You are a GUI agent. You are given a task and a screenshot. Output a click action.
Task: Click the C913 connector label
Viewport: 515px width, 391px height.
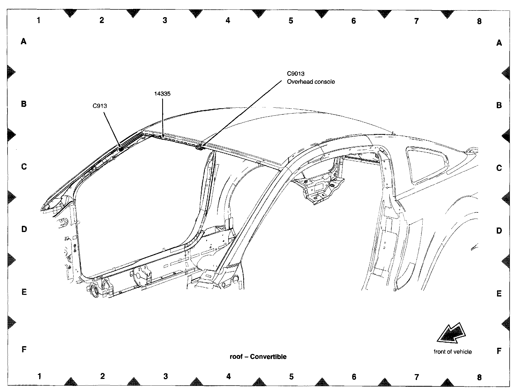tap(100, 106)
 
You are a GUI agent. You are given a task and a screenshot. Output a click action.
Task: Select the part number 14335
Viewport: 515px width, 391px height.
tap(162, 94)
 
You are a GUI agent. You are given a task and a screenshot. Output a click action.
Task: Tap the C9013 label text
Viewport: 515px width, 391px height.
tap(295, 74)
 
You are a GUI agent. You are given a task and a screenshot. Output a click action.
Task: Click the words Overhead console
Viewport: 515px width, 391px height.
tap(311, 82)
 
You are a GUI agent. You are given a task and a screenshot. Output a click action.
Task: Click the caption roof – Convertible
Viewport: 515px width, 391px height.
tap(258, 357)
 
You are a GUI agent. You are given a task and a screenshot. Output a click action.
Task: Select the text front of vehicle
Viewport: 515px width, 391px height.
tap(452, 352)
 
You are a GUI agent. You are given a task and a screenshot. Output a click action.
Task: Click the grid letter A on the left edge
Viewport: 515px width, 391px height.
tap(24, 41)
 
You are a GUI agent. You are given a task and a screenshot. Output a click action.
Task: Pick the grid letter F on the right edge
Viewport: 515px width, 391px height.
tap(499, 351)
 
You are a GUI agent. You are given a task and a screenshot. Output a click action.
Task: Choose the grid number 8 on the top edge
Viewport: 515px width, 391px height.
tap(479, 21)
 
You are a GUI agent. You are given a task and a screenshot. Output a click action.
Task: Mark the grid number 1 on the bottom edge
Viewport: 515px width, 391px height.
tap(39, 376)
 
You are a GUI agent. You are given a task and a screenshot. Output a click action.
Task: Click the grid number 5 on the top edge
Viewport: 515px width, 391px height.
tap(291, 21)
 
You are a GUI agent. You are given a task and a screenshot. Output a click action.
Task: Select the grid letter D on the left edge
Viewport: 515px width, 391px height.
tap(24, 229)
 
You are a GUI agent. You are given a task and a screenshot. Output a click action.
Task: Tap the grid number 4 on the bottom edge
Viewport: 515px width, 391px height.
tap(228, 376)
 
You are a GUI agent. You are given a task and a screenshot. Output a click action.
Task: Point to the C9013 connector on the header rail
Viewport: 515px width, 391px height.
tap(200, 147)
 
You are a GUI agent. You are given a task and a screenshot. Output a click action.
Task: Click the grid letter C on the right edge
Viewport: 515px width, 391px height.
tap(499, 168)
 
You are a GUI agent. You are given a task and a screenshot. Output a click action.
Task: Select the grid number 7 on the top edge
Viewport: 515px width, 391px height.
tap(416, 21)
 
